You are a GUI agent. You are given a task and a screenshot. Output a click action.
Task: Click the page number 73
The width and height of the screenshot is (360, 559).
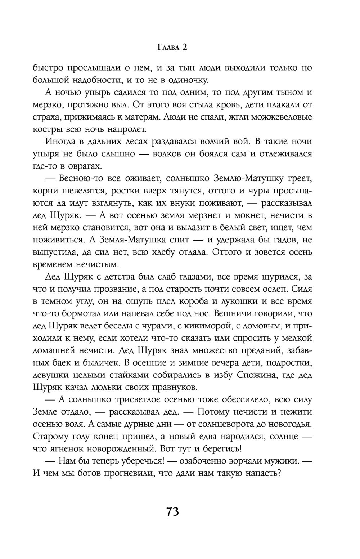tap(173, 511)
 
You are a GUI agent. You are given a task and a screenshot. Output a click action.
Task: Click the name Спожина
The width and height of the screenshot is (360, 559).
tap(258, 375)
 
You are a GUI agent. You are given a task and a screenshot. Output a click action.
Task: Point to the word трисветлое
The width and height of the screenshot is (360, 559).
tap(132, 400)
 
